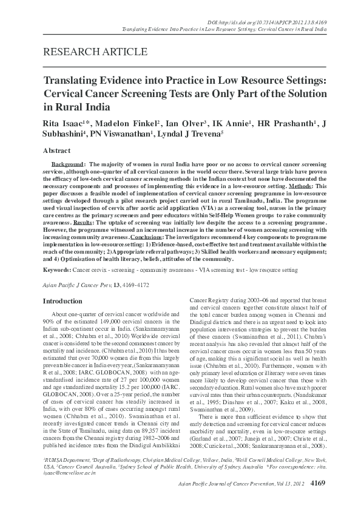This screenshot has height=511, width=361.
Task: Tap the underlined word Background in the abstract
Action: (67, 164)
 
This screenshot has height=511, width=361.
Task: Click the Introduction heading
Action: (61, 300)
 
